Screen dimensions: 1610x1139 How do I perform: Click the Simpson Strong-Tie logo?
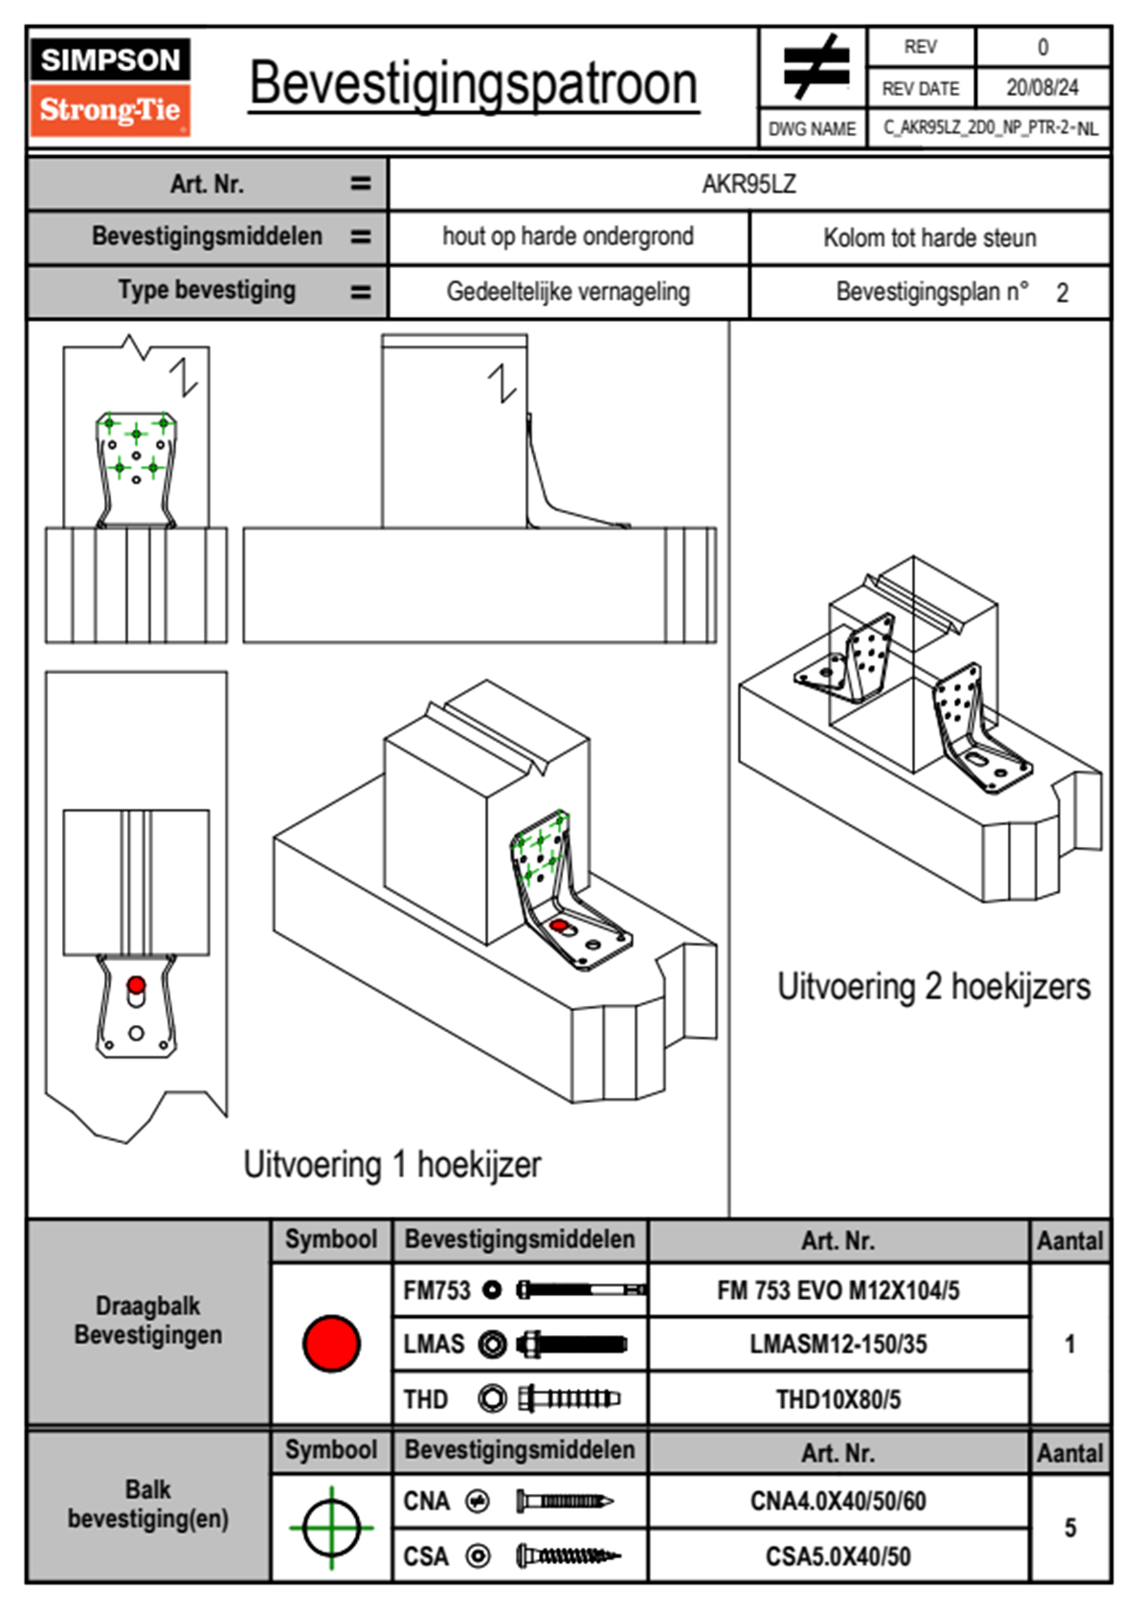tap(110, 86)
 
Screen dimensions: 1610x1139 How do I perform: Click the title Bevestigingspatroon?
tap(473, 84)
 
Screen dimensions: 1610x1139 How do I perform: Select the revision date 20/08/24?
tap(1041, 88)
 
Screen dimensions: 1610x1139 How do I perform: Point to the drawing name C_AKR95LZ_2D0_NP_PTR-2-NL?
tap(990, 128)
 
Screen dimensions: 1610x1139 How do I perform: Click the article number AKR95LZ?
tap(748, 184)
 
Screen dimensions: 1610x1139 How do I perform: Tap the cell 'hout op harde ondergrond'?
tap(568, 236)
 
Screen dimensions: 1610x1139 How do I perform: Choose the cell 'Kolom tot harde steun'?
tap(929, 237)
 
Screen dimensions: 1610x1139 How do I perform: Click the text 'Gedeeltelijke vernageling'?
tap(568, 292)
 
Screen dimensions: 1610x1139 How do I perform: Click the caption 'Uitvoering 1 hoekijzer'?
tap(391, 1165)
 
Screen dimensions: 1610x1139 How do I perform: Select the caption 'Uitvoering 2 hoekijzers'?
tap(933, 986)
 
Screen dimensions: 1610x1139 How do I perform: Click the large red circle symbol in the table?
tap(331, 1343)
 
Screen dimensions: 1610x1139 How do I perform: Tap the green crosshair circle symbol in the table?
tap(331, 1528)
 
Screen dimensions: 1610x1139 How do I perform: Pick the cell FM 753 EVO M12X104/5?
tap(837, 1290)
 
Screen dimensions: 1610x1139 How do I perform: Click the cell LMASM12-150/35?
tap(837, 1344)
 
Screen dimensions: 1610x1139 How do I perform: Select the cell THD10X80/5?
tap(837, 1399)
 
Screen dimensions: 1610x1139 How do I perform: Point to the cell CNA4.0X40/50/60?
tap(837, 1501)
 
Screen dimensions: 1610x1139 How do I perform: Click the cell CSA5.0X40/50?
tap(837, 1556)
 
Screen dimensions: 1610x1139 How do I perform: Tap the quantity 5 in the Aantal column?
tap(1070, 1528)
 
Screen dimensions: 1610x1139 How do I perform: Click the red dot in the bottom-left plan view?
tap(136, 985)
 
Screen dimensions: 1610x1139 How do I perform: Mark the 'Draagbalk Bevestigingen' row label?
tap(148, 1320)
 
